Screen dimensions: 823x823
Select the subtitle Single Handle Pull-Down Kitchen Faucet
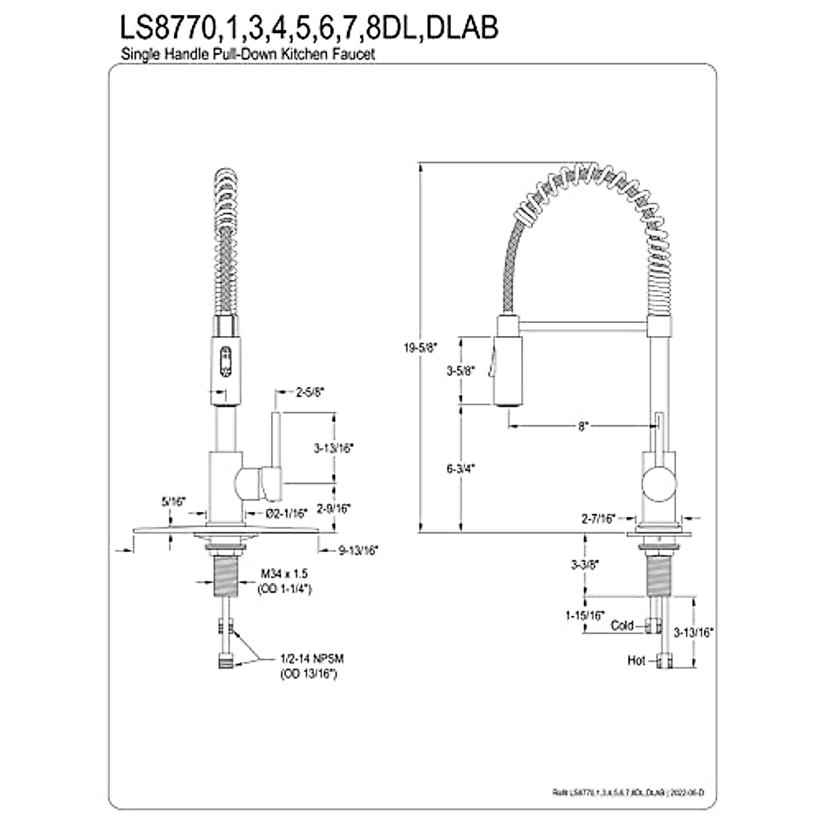click(x=248, y=55)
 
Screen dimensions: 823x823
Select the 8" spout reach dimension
click(x=582, y=426)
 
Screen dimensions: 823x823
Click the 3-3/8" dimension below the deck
click(x=585, y=565)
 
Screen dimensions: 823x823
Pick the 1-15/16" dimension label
click(x=584, y=615)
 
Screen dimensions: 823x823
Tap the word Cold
click(x=622, y=625)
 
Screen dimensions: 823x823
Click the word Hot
click(x=636, y=660)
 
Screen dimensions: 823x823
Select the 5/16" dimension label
click(x=174, y=501)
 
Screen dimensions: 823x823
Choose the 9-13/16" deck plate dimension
click(x=358, y=550)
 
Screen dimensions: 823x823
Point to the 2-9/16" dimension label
click(x=333, y=508)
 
